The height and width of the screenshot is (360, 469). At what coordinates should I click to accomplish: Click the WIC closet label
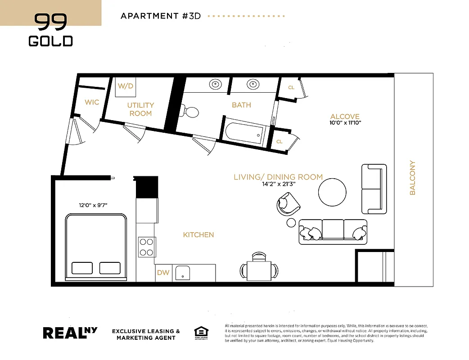92,102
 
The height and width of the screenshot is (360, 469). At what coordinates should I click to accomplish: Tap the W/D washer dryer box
126,86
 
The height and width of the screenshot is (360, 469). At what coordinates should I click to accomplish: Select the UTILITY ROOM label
140,109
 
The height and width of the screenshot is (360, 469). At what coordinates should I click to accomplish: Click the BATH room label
241,105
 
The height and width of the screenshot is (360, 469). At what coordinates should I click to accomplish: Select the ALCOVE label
345,116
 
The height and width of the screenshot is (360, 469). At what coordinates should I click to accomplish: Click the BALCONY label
412,178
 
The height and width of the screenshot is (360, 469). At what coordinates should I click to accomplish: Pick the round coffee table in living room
333,192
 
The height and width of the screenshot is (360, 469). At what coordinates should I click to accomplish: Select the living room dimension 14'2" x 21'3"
278,184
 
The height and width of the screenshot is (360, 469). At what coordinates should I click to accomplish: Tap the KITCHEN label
198,235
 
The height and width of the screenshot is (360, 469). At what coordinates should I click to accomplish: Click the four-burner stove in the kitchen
146,247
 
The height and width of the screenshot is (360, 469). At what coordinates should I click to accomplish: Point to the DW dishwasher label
162,273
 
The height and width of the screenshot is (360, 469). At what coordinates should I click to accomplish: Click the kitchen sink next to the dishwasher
182,273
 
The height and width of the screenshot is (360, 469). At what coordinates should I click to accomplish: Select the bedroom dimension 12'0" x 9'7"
93,205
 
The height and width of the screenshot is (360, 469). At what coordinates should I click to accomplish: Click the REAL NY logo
70,333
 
